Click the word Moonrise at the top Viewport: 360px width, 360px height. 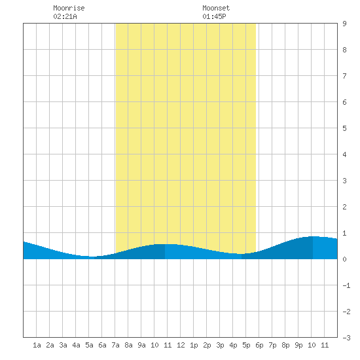(x=69, y=8)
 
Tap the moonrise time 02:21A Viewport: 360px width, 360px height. (x=65, y=16)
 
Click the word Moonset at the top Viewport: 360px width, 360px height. (x=216, y=8)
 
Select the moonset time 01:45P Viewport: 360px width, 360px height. (x=214, y=16)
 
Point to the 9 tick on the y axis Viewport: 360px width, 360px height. (x=344, y=24)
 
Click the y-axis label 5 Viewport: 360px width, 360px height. (x=344, y=128)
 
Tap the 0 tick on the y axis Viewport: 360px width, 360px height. (x=344, y=259)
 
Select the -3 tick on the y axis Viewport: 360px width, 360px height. (x=346, y=338)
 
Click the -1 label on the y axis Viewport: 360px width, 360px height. (x=346, y=285)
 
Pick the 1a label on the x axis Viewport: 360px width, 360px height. (x=37, y=345)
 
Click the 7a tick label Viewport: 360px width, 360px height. (x=115, y=345)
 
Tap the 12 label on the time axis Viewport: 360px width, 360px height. (x=181, y=345)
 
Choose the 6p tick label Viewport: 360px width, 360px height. (x=259, y=345)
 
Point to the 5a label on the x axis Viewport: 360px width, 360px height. (x=89, y=345)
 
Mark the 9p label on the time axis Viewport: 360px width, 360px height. (x=298, y=345)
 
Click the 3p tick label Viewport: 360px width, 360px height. (x=220, y=345)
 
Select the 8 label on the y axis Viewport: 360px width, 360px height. (x=344, y=50)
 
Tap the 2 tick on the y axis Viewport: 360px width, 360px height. (x=344, y=207)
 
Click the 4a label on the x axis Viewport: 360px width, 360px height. (x=76, y=345)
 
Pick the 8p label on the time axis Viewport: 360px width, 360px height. (x=285, y=345)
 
